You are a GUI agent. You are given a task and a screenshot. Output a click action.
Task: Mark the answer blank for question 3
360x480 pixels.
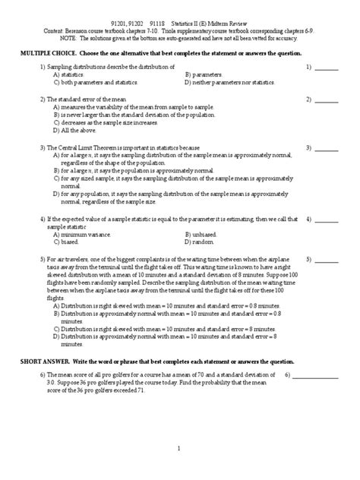327,147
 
